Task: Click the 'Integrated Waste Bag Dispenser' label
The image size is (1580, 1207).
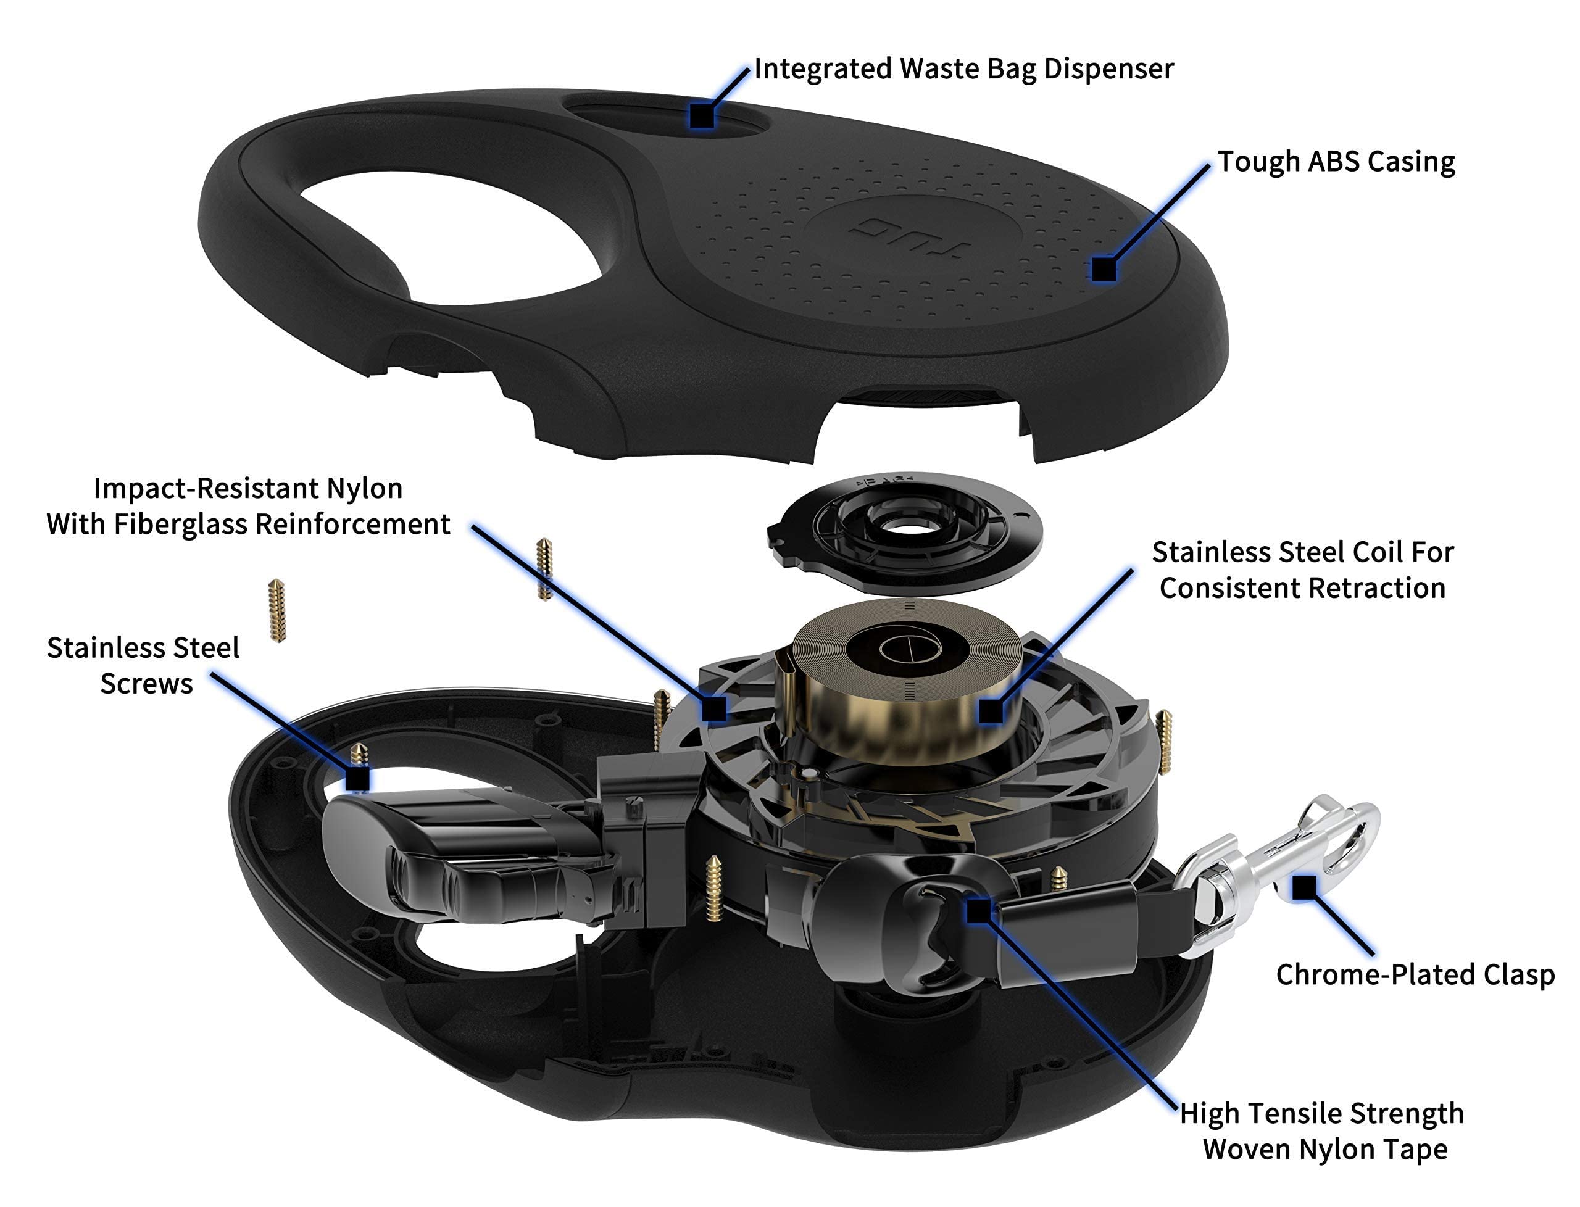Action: pyautogui.click(x=963, y=69)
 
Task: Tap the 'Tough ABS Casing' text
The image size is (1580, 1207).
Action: pyautogui.click(x=1336, y=162)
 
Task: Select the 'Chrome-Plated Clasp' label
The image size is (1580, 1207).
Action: pyautogui.click(x=1415, y=975)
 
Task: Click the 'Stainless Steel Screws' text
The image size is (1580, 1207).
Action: pyautogui.click(x=144, y=665)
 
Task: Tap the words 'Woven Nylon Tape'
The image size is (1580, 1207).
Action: pyautogui.click(x=1324, y=1149)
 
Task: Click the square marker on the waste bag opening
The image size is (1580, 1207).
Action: pyautogui.click(x=702, y=115)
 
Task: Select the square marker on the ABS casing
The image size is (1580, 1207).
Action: pyautogui.click(x=1103, y=270)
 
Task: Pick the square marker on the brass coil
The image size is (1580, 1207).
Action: pyautogui.click(x=991, y=711)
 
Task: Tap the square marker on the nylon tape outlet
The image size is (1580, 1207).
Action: pyautogui.click(x=978, y=911)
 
